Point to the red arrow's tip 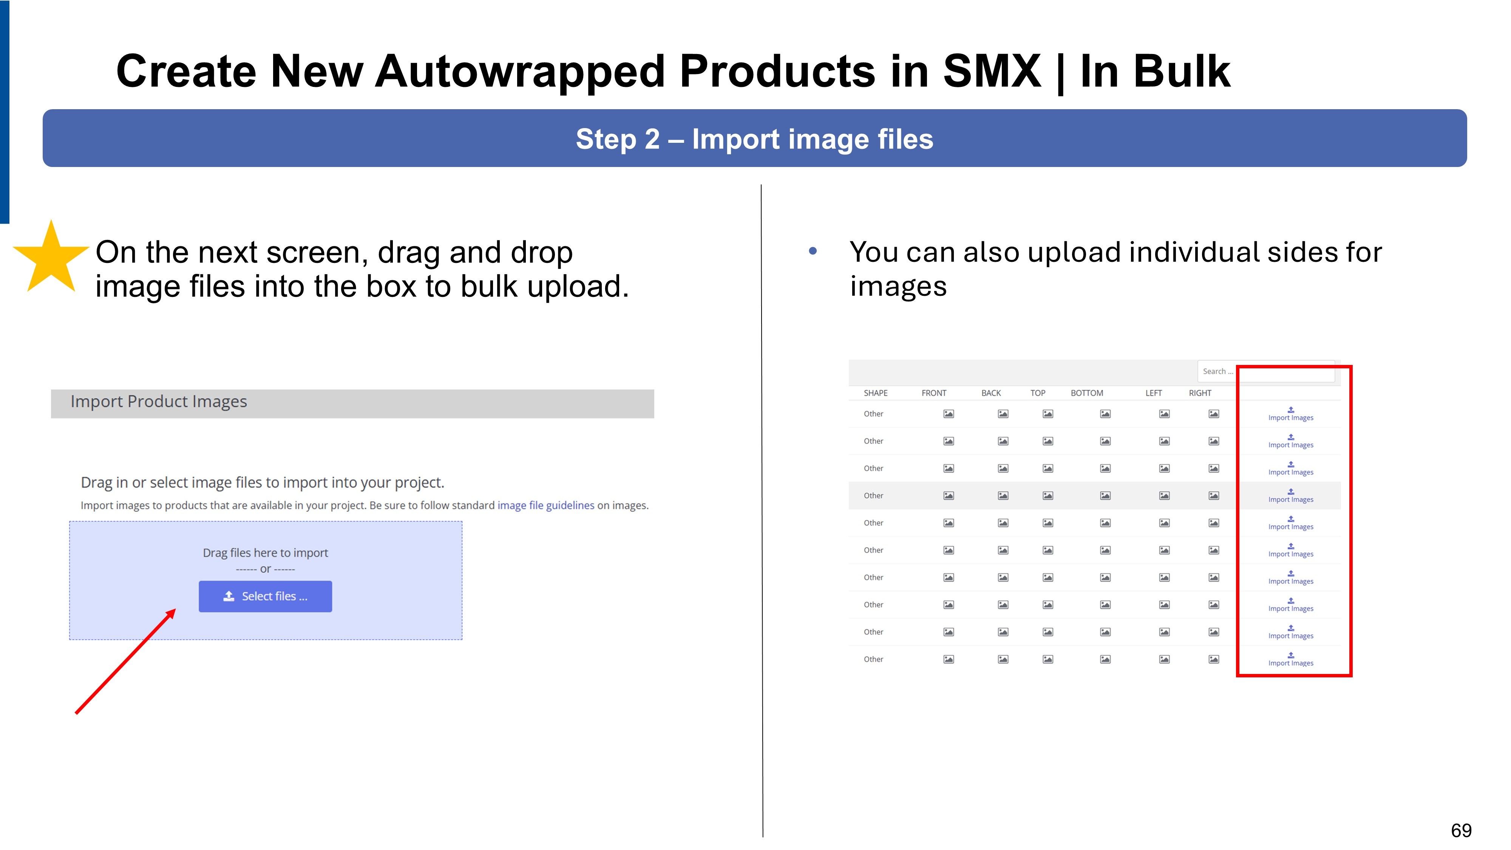[175, 609]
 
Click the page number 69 [1461, 831]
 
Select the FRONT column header [934, 393]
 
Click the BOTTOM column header [1087, 393]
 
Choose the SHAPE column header [875, 393]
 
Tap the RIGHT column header [1200, 393]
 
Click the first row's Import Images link [1290, 414]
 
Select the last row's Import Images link [1290, 659]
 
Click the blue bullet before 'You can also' [813, 251]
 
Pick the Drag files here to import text [265, 553]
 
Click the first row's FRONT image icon [949, 414]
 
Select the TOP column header [1038, 393]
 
